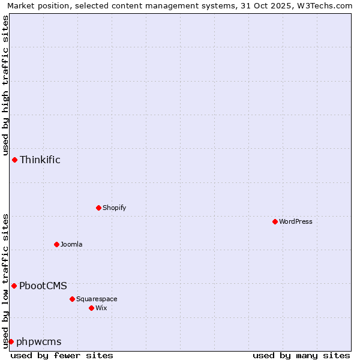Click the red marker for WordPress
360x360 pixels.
275,221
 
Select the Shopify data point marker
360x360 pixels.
98,208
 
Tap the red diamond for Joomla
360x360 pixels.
56,244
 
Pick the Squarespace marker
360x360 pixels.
72,299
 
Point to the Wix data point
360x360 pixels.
91,308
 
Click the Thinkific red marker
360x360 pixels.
14,160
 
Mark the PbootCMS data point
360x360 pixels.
14,286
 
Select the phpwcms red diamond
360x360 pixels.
11,341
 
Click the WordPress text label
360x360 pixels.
296,221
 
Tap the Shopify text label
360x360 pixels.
114,208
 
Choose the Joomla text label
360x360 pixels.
71,244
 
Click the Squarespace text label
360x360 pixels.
97,299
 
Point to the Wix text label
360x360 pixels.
101,308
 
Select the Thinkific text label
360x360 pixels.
40,160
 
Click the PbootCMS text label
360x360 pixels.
43,286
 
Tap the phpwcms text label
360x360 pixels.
39,342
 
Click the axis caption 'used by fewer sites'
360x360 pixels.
62,355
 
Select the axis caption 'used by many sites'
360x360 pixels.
301,355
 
